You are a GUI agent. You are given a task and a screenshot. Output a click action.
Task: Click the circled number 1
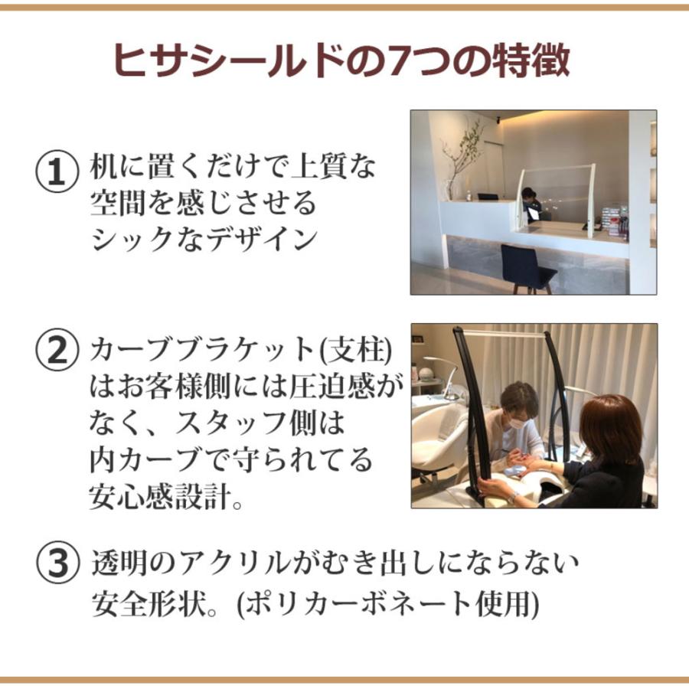[x=58, y=171]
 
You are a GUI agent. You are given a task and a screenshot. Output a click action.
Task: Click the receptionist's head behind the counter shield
[x=528, y=194]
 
